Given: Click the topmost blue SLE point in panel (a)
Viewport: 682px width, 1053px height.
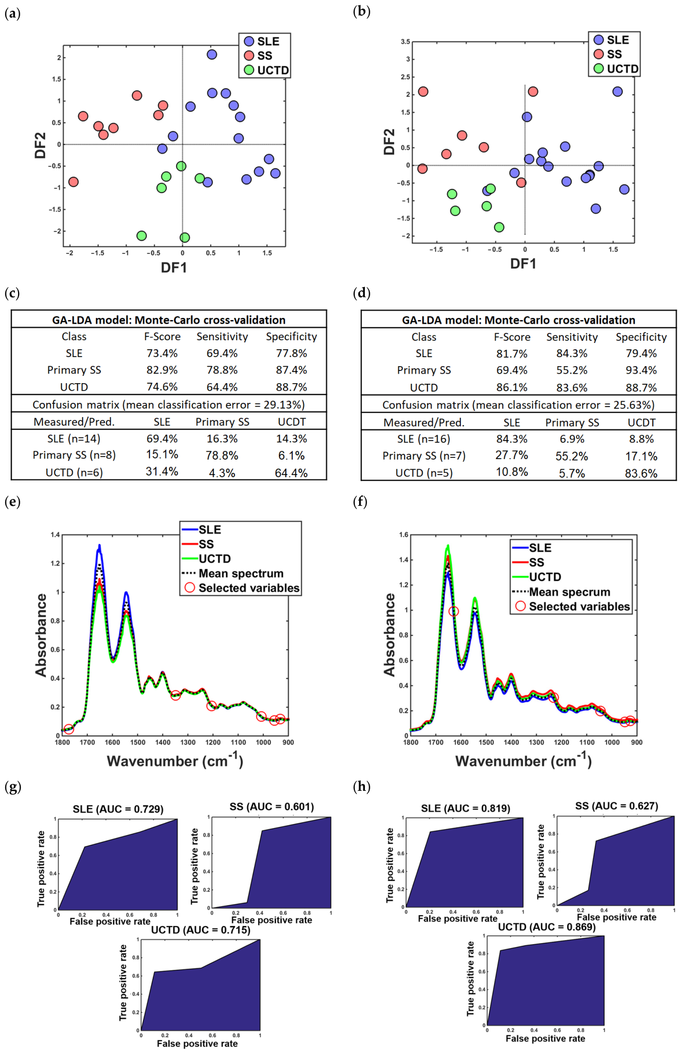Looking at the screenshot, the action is click(x=212, y=55).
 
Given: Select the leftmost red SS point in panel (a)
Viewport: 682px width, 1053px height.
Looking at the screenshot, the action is click(x=73, y=182).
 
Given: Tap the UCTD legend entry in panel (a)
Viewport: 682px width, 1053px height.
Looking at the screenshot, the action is click(x=266, y=70).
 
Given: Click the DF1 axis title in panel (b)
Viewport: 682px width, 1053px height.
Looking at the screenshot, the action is click(x=523, y=264).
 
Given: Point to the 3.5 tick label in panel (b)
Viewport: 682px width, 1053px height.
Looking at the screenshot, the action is click(x=405, y=41).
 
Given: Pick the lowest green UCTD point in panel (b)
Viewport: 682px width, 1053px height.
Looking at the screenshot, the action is click(x=499, y=227).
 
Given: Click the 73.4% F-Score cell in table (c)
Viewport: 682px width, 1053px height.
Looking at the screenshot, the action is click(x=162, y=353).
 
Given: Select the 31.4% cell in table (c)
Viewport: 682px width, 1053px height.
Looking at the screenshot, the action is click(x=162, y=471).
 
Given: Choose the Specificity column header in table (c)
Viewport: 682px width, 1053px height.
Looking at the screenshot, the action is click(x=291, y=336).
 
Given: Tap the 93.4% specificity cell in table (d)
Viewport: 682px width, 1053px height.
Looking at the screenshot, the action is click(x=641, y=370).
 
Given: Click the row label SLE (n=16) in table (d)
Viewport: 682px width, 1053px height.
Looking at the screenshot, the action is click(x=424, y=439).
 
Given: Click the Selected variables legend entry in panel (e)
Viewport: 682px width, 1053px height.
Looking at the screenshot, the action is click(x=242, y=588).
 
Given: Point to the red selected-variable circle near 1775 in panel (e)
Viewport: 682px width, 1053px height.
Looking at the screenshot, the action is click(x=68, y=729).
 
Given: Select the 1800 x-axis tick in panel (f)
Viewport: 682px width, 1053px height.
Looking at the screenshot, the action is click(x=411, y=742).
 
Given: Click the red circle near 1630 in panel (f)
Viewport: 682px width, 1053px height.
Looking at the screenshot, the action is click(x=453, y=611).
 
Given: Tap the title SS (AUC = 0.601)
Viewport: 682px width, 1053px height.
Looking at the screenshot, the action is click(x=272, y=807).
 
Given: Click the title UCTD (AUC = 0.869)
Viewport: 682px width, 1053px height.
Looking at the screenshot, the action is click(x=547, y=927).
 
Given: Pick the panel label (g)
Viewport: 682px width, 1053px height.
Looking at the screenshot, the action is click(x=13, y=787).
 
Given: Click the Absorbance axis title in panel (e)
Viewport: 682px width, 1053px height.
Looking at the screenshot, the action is click(x=41, y=635).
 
